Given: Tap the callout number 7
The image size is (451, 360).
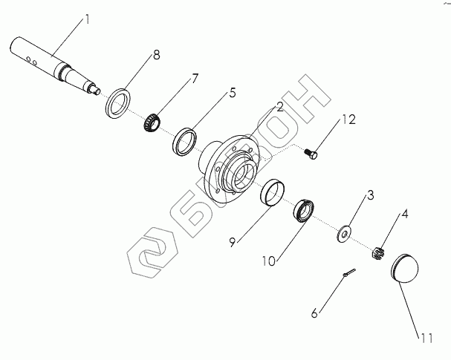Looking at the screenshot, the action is pos(175,78).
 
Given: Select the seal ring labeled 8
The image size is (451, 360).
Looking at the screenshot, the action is pos(117,102).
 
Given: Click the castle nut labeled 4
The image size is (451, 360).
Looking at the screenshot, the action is pos(378,253).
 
